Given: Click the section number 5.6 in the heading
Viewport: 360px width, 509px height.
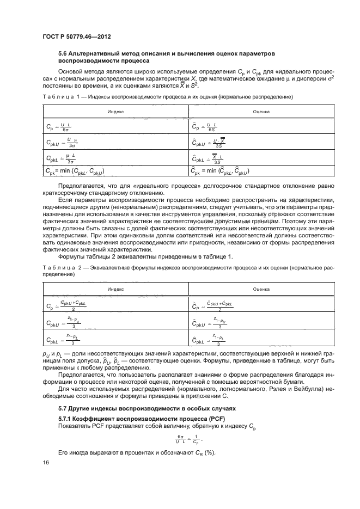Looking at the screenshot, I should [64, 53].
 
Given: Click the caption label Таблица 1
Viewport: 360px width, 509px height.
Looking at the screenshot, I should [58, 96].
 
